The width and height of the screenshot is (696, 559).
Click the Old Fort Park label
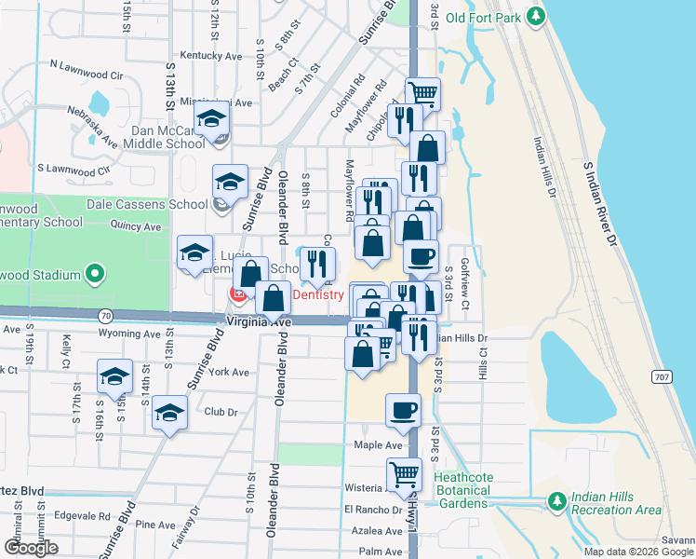coord(483,17)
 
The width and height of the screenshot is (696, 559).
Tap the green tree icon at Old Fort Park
coord(536,16)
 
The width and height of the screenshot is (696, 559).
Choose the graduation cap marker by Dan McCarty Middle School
coord(212,120)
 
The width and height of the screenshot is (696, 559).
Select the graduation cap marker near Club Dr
coord(169,412)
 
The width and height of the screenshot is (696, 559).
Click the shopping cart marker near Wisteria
coord(404,475)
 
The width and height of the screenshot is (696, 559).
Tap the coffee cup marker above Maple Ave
coord(403,411)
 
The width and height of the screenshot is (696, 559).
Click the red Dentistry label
coord(318,294)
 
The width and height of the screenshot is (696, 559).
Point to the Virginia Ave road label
coord(260,321)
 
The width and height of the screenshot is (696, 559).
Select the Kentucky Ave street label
coord(211,56)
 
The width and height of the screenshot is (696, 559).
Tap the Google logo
coord(31,548)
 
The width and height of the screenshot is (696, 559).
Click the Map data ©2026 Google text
coord(638,552)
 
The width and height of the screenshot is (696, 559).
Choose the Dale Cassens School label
coord(147,204)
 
